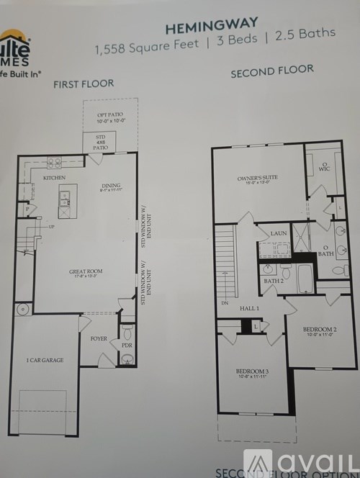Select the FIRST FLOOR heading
pos(84,84)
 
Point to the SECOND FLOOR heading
pos(271,71)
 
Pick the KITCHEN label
pos(54,177)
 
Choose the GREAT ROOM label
pos(86,271)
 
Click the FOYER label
pos(99,337)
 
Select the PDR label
pos(127,345)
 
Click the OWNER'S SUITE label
pos(257,177)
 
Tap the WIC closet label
pos(325,170)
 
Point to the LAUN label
pos(279,234)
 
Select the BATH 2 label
pos(272,281)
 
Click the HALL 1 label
pos(251,308)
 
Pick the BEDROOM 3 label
pos(251,372)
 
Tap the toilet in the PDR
pos(127,332)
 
